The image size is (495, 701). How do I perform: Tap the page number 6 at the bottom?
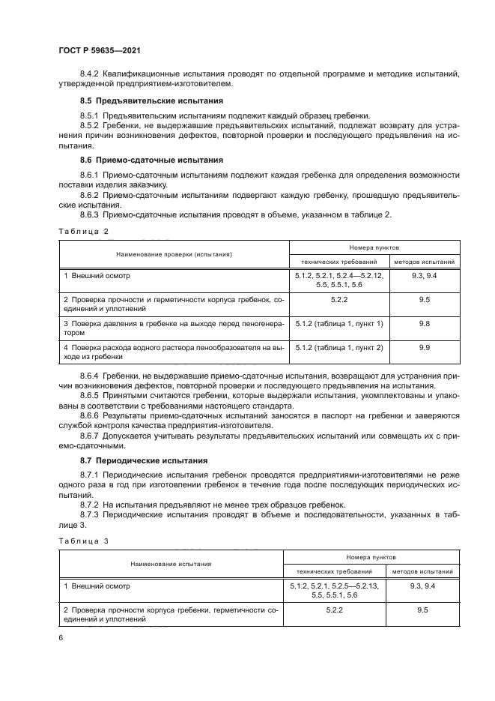[x=61, y=637]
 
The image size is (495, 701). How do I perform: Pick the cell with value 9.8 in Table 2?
[x=424, y=323]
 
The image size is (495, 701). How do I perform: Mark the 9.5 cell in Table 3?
[x=422, y=611]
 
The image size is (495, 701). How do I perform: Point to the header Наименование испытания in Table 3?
[x=171, y=563]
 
